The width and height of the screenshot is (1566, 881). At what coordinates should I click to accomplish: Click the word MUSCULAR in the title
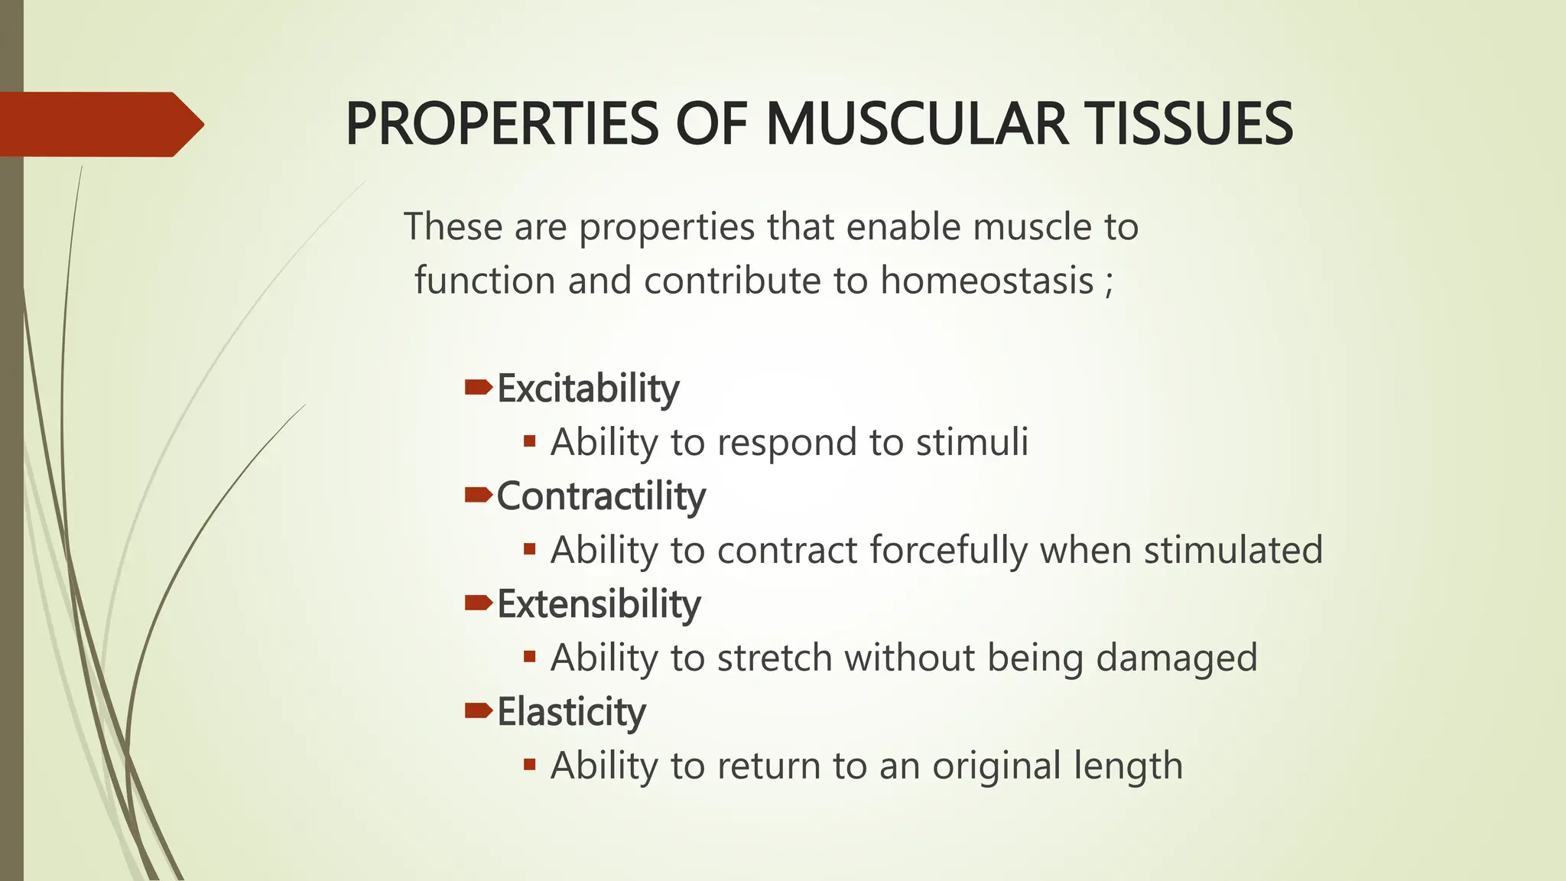(916, 124)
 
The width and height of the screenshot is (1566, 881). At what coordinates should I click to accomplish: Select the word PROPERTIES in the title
(502, 124)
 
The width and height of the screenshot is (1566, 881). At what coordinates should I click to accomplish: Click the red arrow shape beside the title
(99, 124)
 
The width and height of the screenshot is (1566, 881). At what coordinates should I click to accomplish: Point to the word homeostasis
(986, 280)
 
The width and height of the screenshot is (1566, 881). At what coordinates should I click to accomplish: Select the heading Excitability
(587, 388)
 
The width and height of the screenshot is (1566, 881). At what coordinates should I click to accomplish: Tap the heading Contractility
(601, 496)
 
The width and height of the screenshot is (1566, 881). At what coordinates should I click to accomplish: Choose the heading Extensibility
(599, 604)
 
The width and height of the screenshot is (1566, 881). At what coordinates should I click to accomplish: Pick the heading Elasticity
(571, 712)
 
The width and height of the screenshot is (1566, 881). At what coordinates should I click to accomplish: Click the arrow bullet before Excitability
(478, 388)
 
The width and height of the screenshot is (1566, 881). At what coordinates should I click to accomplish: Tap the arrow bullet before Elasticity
(478, 711)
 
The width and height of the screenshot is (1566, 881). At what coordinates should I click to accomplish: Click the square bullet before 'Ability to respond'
(529, 441)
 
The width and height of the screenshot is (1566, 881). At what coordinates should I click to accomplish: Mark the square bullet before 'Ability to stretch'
(529, 657)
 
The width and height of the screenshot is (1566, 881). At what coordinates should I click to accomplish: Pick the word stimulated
(1233, 551)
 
